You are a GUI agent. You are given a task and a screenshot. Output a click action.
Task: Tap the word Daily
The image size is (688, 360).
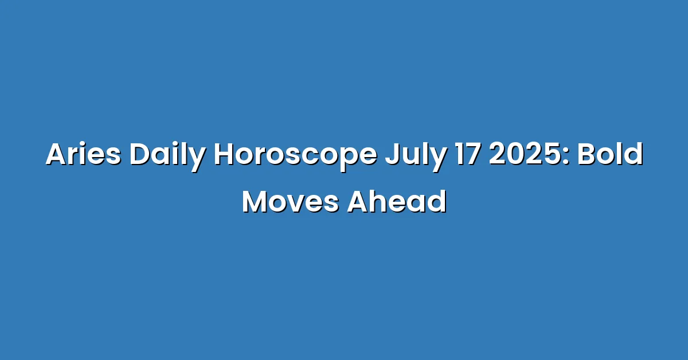pos(167,156)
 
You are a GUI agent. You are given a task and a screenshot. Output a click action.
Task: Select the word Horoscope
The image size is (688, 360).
pos(295,156)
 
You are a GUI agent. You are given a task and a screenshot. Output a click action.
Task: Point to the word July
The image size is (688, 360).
pos(416,156)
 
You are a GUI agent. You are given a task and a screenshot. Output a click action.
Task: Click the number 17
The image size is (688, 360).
pos(467,154)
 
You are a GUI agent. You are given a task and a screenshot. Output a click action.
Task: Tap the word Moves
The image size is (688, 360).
pos(291,202)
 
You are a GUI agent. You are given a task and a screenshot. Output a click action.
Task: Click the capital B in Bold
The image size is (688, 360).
pos(587,154)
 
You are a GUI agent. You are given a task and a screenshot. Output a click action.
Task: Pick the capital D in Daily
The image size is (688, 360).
pos(140,154)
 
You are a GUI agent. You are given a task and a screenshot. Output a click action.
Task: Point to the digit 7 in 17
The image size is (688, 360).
pos(472,154)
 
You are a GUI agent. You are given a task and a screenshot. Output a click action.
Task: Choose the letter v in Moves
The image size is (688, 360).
pos(300,205)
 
